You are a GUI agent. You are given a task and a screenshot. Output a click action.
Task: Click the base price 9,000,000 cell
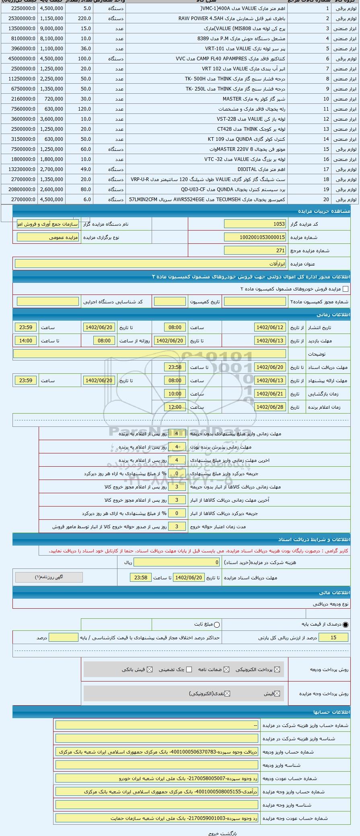pos(51,29)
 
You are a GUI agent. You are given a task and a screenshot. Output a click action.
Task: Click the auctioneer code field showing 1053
pos(255,224)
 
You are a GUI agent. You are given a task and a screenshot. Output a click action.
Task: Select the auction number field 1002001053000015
pos(255,237)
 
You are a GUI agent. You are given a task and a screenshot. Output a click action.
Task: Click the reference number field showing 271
pos(255,251)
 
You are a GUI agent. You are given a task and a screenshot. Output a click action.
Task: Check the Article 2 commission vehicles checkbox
pos(345,289)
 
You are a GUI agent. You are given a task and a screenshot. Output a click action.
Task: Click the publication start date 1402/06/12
pos(270,327)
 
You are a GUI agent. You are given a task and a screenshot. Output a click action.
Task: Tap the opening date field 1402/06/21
pos(270,394)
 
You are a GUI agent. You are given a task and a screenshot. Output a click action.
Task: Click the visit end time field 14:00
pos(26,341)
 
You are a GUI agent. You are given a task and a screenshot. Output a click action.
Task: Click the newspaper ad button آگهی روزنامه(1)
pos(49,577)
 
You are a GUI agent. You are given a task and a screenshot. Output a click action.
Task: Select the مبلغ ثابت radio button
pos(217,625)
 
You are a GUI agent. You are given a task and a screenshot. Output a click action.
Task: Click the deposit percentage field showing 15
pos(333,638)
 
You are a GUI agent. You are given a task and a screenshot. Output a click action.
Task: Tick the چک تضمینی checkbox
pos(189,669)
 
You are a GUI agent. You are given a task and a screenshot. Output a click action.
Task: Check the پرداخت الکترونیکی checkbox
pos(276,669)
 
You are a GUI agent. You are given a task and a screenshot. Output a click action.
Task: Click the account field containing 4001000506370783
pos(157,752)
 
